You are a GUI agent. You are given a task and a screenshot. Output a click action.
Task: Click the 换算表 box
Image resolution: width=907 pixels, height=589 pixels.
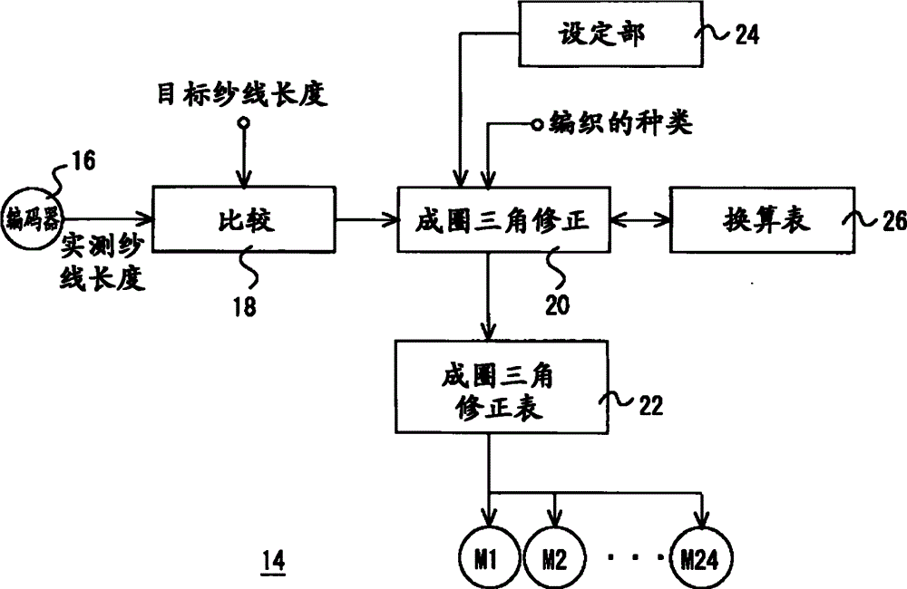tap(761, 220)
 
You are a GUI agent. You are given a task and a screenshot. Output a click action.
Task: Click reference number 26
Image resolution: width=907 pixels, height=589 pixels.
tap(888, 221)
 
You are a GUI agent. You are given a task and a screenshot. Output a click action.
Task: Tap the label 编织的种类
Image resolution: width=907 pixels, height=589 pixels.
tap(621, 123)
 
